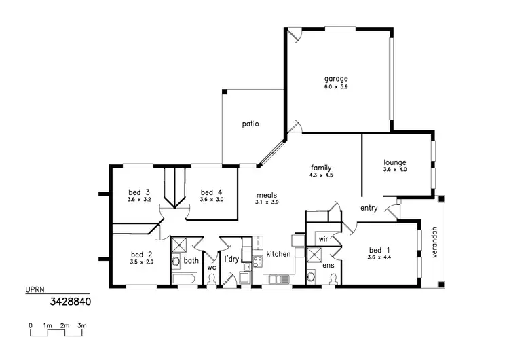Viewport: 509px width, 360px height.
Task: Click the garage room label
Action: click(335, 78)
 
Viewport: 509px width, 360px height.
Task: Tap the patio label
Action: click(251, 124)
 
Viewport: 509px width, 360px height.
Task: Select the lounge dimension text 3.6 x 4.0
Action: click(394, 170)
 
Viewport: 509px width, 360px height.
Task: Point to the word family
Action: click(321, 168)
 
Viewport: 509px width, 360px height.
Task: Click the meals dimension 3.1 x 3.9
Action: click(267, 202)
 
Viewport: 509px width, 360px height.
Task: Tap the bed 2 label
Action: click(141, 255)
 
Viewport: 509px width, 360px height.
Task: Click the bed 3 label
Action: click(138, 192)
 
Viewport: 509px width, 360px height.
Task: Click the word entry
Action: click(369, 208)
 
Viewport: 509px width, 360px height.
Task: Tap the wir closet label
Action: click(323, 240)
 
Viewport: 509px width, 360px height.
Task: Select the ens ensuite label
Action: click(328, 265)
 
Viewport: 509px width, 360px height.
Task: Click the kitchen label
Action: click(278, 254)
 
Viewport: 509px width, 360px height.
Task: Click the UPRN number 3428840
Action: click(69, 300)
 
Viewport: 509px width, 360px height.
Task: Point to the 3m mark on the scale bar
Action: click(82, 327)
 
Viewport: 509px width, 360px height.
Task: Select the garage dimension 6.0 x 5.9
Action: click(335, 86)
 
